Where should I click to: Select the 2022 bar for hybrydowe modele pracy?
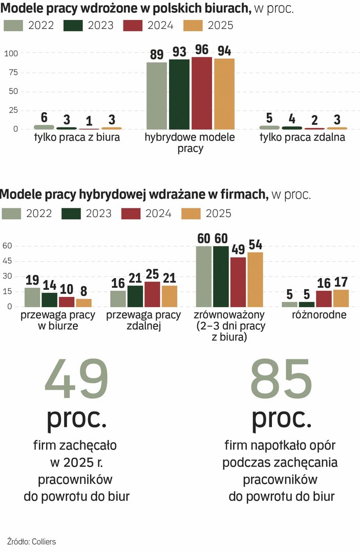[157, 95]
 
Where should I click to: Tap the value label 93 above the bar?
[179, 52]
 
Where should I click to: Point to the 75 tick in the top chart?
[13, 72]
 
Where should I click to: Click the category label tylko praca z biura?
[77, 138]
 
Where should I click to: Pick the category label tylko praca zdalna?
[302, 138]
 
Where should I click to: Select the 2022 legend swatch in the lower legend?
[11, 213]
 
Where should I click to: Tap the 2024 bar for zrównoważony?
[238, 282]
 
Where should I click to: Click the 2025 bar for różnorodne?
[341, 298]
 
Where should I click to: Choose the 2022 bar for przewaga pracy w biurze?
[32, 297]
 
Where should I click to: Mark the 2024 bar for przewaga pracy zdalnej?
[152, 294]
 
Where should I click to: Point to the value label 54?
[255, 245]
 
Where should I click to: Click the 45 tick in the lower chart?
[7, 261]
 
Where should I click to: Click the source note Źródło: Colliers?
[32, 541]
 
